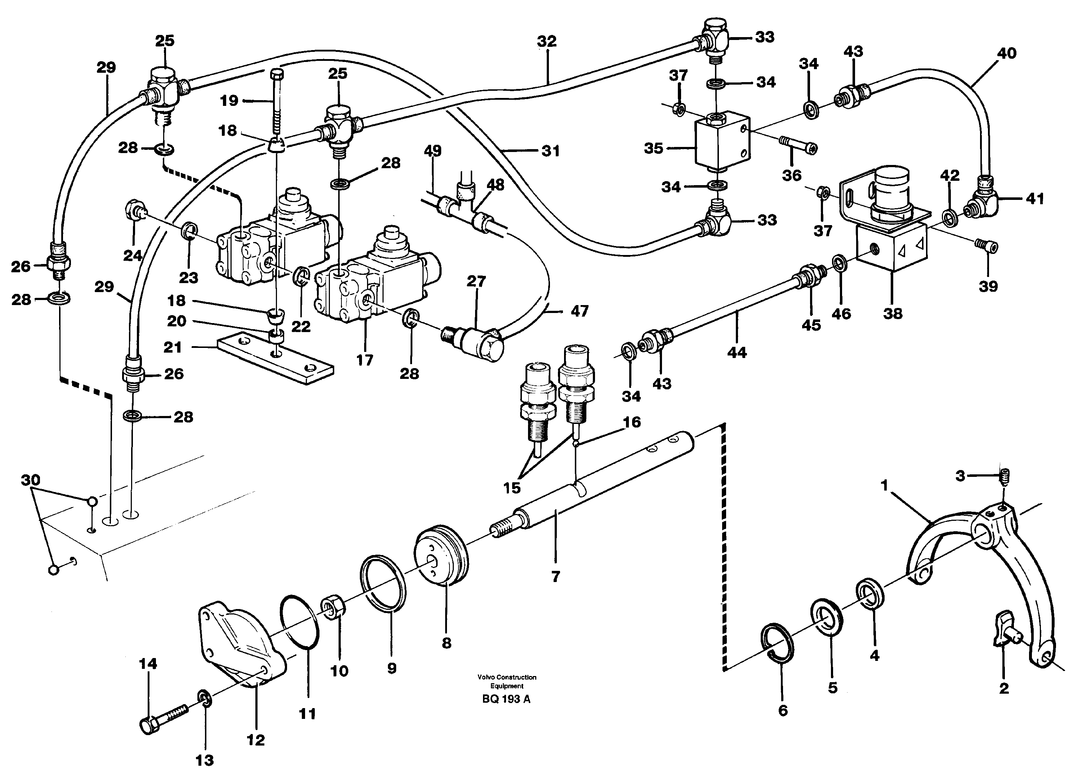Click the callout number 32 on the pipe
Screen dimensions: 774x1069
pyautogui.click(x=547, y=41)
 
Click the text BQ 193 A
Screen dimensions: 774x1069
pyautogui.click(x=506, y=699)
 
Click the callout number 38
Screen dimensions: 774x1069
pyautogui.click(x=892, y=313)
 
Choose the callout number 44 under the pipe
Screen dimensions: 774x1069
pyautogui.click(x=737, y=352)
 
